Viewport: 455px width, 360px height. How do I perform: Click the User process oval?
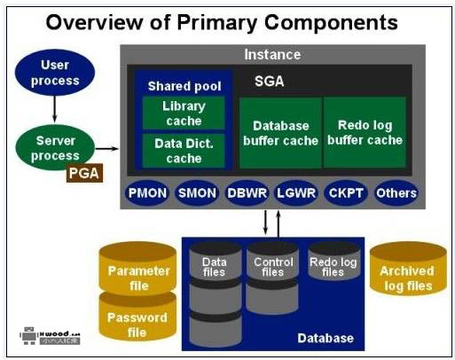coord(55,73)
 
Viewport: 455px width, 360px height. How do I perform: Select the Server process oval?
coord(55,148)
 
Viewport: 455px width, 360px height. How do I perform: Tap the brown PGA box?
coord(84,173)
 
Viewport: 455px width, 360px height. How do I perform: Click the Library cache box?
coord(184,113)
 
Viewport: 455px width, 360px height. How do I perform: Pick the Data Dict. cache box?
coord(184,152)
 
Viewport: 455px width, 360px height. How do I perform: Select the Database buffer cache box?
coord(278,132)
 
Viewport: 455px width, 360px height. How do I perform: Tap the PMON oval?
coord(146,192)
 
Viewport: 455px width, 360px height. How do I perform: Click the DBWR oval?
coord(246,192)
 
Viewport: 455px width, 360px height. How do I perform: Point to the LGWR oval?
coord(295,192)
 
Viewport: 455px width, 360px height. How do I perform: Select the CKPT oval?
coord(346,192)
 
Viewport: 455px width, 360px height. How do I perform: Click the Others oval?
coord(396,192)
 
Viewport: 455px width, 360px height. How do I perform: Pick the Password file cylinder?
coord(137,325)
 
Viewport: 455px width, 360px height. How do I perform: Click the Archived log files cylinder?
coord(407,277)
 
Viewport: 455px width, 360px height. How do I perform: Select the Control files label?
coord(273,267)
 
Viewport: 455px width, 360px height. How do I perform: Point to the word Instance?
coord(272,54)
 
